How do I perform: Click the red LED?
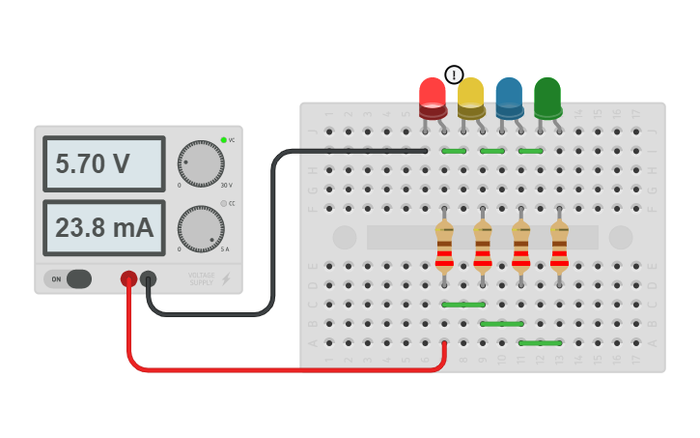click(x=432, y=98)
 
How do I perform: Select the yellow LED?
click(x=470, y=98)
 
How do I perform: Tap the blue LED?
click(x=509, y=98)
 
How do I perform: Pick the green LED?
click(x=547, y=98)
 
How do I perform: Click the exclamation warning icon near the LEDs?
click(x=454, y=74)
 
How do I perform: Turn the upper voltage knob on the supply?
click(x=201, y=163)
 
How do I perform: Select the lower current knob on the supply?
click(x=201, y=229)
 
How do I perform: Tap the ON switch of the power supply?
click(x=68, y=278)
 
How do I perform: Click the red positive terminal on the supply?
click(x=128, y=278)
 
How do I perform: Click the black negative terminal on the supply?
click(x=148, y=278)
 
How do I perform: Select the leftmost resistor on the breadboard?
click(x=444, y=246)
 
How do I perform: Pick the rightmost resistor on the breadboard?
click(x=559, y=246)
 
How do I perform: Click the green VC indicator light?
click(x=224, y=140)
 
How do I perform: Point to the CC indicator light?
click(x=224, y=203)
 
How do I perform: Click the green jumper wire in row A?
click(x=540, y=342)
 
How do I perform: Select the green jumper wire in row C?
click(x=463, y=305)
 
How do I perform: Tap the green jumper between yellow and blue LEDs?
click(x=491, y=151)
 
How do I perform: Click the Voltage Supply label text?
click(x=202, y=278)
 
